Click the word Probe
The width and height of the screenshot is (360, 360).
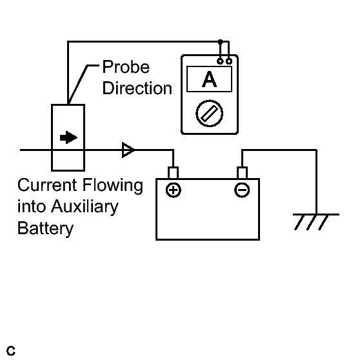pyautogui.click(x=126, y=67)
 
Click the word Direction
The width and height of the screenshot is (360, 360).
pyautogui.click(x=137, y=88)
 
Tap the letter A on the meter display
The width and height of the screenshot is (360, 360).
pyautogui.click(x=209, y=79)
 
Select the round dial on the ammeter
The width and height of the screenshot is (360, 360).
pyautogui.click(x=209, y=114)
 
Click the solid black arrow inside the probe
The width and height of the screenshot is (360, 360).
pyautogui.click(x=68, y=137)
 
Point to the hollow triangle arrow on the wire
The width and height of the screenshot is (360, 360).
pyautogui.click(x=128, y=150)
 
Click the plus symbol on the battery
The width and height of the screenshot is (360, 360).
pyautogui.click(x=174, y=190)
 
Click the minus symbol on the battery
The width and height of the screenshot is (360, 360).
pyautogui.click(x=242, y=190)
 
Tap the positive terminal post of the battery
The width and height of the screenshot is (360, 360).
pyautogui.click(x=173, y=173)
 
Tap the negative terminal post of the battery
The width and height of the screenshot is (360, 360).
pyautogui.click(x=242, y=173)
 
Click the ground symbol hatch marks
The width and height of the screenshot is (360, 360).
pyautogui.click(x=312, y=222)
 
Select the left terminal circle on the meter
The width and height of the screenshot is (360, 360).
pyautogui.click(x=220, y=61)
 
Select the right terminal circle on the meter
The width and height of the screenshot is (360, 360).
pyautogui.click(x=229, y=61)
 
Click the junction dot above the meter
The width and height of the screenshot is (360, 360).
pyautogui.click(x=220, y=42)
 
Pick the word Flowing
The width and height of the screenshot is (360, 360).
pyautogui.click(x=113, y=186)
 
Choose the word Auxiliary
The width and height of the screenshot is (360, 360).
pyautogui.click(x=85, y=206)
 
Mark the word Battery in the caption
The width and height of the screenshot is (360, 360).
pyautogui.click(x=45, y=228)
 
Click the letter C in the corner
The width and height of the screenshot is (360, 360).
pyautogui.click(x=11, y=351)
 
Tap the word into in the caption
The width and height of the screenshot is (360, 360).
pyautogui.click(x=32, y=206)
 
